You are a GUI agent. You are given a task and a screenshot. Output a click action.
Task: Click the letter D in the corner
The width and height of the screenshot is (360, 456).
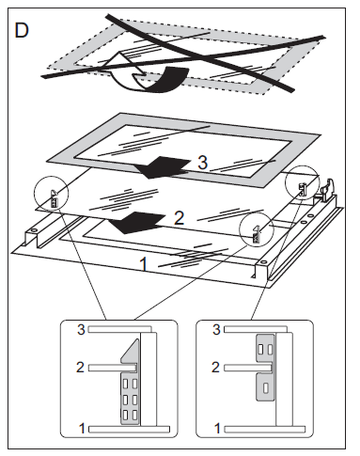tap(22, 30)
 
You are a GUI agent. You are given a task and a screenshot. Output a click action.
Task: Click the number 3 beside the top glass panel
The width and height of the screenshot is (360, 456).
tap(201, 164)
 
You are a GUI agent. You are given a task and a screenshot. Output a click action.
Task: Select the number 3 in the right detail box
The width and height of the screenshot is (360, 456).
tap(218, 330)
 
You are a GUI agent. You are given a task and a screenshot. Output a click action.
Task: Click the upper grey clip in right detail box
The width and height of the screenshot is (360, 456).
tap(265, 347)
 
